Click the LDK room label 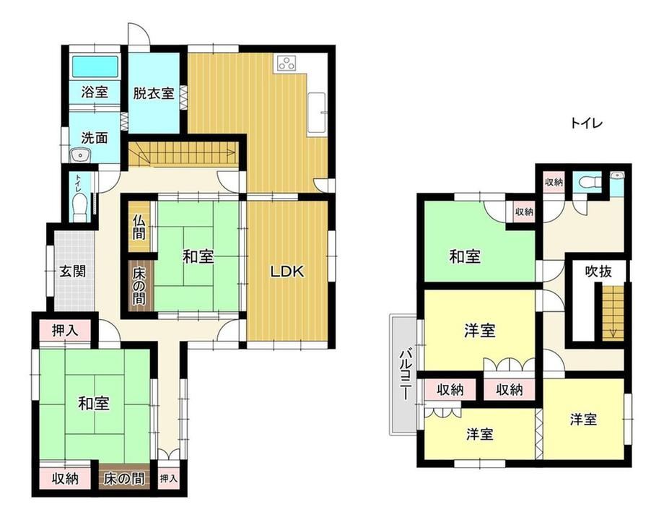pos(287,271)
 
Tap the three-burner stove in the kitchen pos(287,63)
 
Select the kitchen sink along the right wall pos(317,113)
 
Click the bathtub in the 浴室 pos(95,66)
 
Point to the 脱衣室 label pos(154,93)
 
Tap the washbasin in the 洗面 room pos(79,155)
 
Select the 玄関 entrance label pos(72,271)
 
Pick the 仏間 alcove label pos(139,227)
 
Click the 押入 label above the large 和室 pos(65,331)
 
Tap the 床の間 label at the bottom pos(124,479)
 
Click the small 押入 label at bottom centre pos(169,479)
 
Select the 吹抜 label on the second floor pos(599,271)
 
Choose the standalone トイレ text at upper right pos(586,123)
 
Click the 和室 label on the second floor pos(465,256)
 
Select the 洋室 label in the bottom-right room pos(584,420)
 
